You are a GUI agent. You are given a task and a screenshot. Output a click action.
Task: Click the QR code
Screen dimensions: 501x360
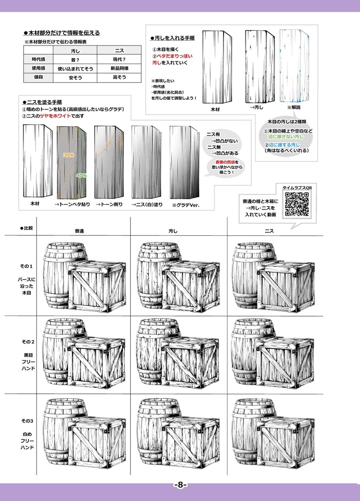pos(297,204)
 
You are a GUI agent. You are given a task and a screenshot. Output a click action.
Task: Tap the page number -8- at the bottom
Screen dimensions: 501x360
pos(180,485)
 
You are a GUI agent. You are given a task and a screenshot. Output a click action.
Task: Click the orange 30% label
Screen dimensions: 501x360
pos(68,155)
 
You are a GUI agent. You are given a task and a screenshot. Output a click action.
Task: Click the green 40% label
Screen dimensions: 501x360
pos(81,175)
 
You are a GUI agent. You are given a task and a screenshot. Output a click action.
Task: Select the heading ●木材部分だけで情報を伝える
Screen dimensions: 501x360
pos(62,33)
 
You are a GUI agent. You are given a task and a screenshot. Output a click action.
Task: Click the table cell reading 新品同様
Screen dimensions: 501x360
pos(119,68)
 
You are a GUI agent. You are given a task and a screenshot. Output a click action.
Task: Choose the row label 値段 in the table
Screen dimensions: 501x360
pos(38,77)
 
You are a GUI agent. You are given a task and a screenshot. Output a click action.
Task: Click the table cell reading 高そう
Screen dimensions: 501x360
pos(119,77)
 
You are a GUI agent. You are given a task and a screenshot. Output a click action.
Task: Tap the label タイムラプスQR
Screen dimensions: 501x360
pos(297,187)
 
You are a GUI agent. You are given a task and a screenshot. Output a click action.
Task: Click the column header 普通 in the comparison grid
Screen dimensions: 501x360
pos(79,230)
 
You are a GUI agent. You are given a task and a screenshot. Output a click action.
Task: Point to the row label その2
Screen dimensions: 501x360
pos(27,341)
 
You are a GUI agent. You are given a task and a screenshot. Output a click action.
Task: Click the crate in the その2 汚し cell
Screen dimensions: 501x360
pos(190,364)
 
